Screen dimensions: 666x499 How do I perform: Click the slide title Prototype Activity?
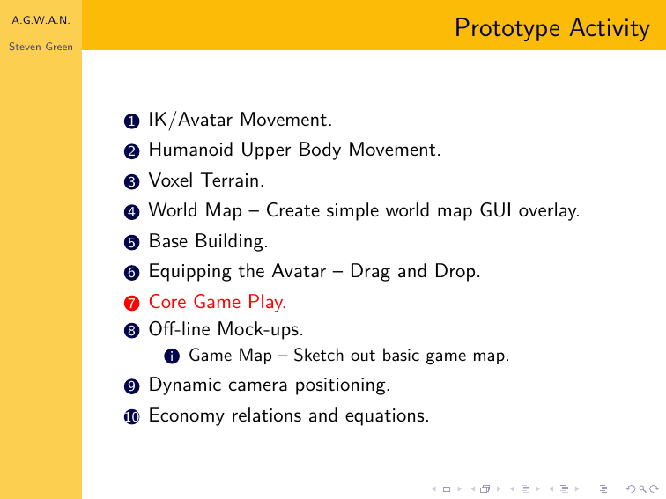[552, 28]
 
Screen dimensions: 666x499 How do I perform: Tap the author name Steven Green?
[41, 47]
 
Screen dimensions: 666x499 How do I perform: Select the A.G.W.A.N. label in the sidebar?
[41, 20]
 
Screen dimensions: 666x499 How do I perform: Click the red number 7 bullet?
[131, 303]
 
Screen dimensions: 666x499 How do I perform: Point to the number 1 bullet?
[131, 121]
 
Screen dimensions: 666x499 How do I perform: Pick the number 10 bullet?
[131, 416]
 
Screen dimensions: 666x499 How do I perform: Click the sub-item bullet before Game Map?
[172, 356]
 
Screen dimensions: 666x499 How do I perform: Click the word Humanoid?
[190, 150]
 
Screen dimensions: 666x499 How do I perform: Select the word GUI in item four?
[495, 210]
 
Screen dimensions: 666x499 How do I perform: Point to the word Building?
[232, 241]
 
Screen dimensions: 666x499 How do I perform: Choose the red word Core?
[167, 302]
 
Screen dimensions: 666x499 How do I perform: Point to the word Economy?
[186, 415]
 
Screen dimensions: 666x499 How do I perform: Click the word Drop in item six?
[457, 272]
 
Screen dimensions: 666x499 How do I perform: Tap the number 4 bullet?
[131, 212]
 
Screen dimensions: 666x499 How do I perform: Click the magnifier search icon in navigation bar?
[642, 489]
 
